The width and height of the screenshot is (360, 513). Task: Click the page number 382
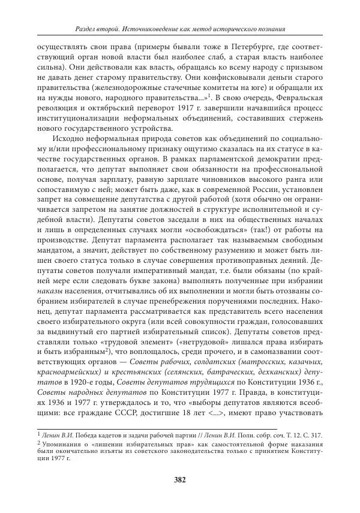pyautogui.click(x=179, y=479)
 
